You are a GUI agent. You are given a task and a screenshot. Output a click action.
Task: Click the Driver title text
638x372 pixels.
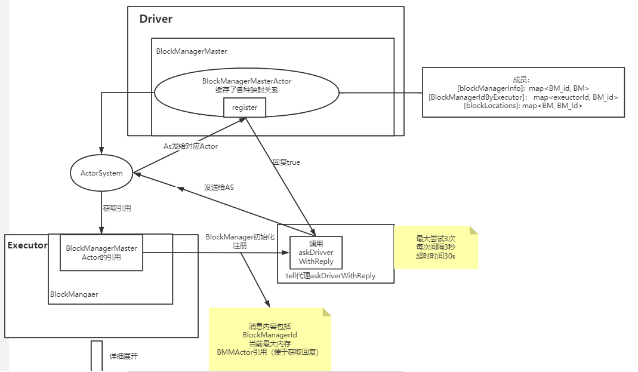click(156, 19)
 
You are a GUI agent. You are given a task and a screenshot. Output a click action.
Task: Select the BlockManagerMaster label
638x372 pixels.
click(192, 51)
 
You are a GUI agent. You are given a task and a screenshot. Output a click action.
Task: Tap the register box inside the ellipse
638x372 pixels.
click(245, 107)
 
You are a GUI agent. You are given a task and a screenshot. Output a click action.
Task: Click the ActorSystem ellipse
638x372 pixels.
click(101, 173)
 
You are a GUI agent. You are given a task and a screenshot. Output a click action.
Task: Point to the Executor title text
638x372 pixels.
click(27, 245)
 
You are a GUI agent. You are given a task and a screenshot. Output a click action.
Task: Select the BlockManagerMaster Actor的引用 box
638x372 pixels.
click(101, 253)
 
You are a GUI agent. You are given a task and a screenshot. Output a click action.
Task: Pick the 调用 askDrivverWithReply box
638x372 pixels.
click(316, 253)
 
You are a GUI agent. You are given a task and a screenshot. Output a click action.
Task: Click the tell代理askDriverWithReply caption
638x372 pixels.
click(331, 276)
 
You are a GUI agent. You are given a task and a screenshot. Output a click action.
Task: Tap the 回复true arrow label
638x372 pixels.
click(286, 162)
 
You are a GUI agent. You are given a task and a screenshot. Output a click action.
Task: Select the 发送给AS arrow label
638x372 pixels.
click(219, 187)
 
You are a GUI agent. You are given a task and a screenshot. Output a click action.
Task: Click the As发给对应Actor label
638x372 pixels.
click(191, 146)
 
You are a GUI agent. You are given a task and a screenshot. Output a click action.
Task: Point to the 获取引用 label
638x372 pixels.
click(117, 208)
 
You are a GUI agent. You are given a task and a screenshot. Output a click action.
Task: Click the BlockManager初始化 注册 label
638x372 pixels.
click(240, 241)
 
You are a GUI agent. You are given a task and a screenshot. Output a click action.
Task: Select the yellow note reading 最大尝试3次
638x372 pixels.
click(436, 247)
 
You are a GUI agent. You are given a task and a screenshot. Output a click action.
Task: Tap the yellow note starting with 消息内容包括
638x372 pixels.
click(270, 339)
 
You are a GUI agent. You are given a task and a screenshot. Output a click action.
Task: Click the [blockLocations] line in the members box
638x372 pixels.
click(523, 105)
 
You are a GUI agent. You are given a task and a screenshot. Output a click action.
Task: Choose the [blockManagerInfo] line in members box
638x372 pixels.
click(523, 88)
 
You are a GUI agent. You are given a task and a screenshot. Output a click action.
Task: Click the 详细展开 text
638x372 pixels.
click(124, 356)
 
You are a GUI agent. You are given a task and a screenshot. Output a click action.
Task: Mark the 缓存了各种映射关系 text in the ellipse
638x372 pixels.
click(246, 90)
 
